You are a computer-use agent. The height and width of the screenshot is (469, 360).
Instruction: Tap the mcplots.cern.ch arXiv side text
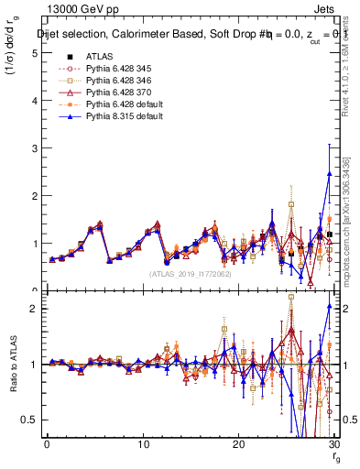[x=353, y=220]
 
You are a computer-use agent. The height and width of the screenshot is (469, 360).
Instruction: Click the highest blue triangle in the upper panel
[x=329, y=173]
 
